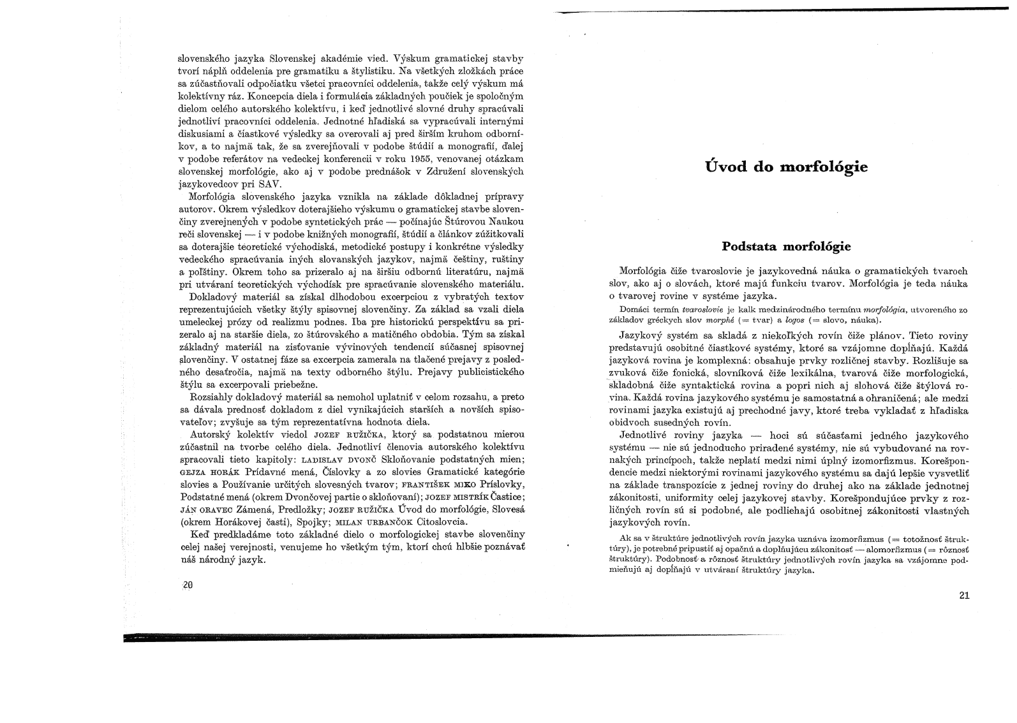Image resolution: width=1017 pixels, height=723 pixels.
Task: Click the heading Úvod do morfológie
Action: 786,168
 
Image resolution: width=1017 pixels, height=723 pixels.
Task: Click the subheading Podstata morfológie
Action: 786,246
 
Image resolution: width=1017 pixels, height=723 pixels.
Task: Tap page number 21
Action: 963,595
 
